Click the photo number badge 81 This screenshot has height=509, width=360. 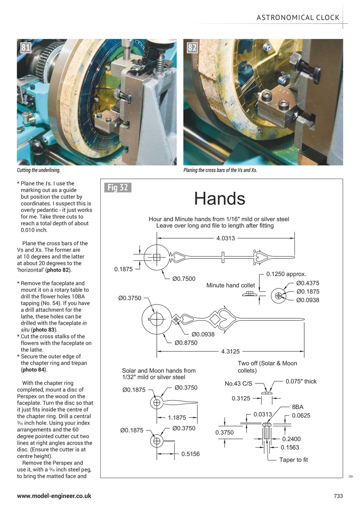pyautogui.click(x=25, y=48)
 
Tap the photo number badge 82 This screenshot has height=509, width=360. pyautogui.click(x=192, y=48)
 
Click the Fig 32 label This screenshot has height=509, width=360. pyautogui.click(x=118, y=187)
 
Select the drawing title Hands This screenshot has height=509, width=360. pyautogui.click(x=220, y=198)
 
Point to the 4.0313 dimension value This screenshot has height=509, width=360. pyautogui.click(x=225, y=238)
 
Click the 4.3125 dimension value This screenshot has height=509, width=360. pyautogui.click(x=230, y=352)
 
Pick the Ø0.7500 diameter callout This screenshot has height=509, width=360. pyautogui.click(x=184, y=279)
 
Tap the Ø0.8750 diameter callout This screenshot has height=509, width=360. pyautogui.click(x=186, y=343)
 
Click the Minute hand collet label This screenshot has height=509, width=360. pyautogui.click(x=230, y=286)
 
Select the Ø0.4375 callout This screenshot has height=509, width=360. pyautogui.click(x=307, y=283)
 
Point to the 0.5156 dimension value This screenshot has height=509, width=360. pyautogui.click(x=191, y=454)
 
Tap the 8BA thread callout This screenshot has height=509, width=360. pyautogui.click(x=298, y=408)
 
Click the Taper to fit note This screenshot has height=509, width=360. pyautogui.click(x=294, y=460)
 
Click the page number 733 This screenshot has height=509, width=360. pyautogui.click(x=338, y=496)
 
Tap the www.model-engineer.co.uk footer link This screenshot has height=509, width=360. pyautogui.click(x=54, y=496)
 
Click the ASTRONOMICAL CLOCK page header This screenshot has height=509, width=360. pyautogui.click(x=298, y=17)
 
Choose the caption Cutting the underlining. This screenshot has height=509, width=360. pyautogui.click(x=39, y=170)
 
